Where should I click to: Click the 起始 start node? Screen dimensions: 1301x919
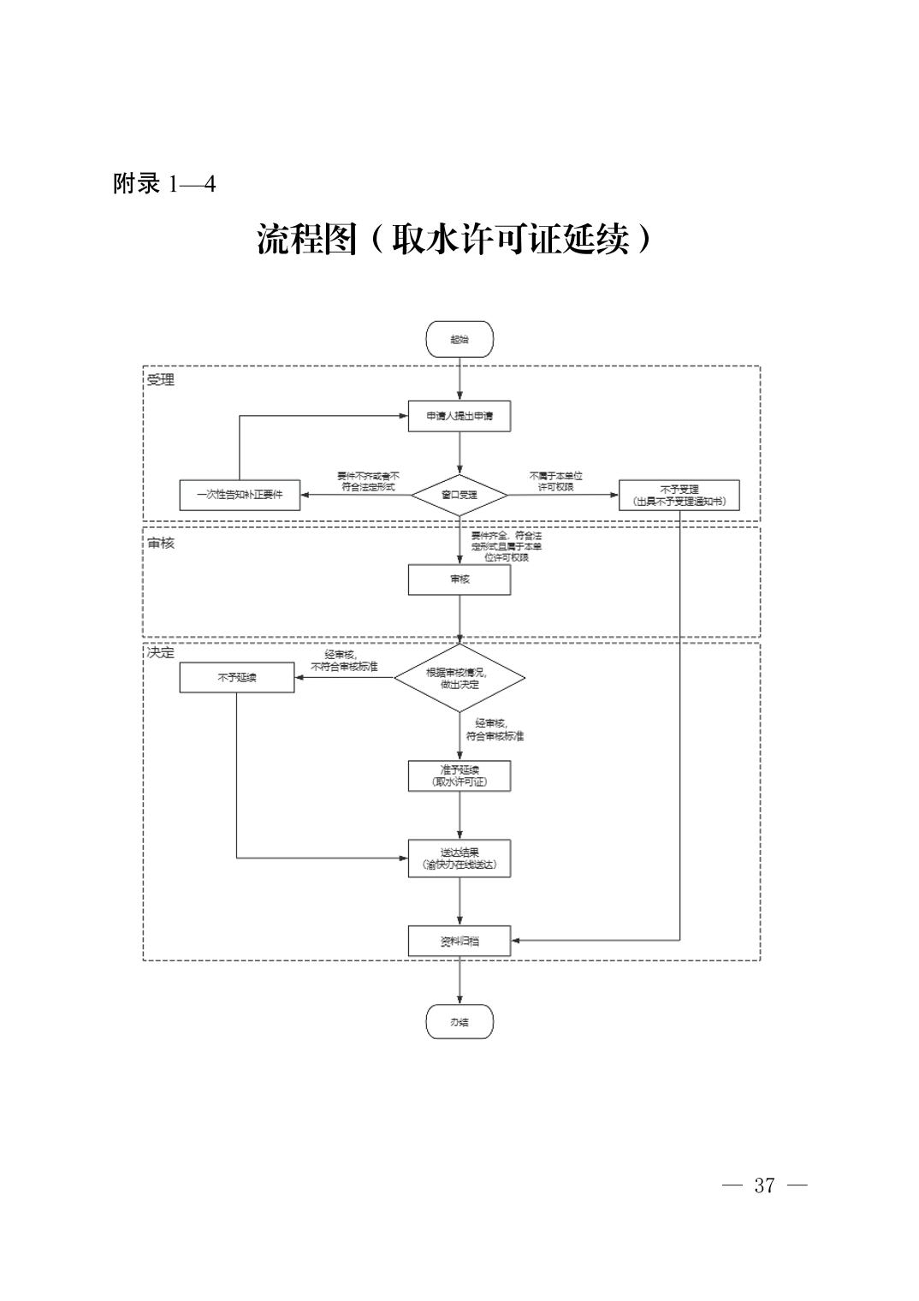point(459,339)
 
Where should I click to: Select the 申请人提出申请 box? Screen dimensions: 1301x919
point(459,416)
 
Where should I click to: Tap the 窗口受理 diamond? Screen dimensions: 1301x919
point(459,495)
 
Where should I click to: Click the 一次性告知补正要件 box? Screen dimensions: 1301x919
point(240,495)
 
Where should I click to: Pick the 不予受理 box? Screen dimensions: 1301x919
point(679,495)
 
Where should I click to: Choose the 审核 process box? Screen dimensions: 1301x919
point(459,579)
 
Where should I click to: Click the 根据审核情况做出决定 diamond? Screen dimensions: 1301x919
point(459,678)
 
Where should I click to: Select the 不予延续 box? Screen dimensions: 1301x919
point(237,678)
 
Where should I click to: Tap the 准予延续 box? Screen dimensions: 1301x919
point(459,775)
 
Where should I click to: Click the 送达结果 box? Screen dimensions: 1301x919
point(459,858)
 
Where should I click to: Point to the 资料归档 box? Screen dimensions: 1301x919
point(459,941)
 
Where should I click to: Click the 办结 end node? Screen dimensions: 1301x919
point(459,1021)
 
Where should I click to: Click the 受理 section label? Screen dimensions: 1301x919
point(160,380)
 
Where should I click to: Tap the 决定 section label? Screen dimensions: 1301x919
point(160,652)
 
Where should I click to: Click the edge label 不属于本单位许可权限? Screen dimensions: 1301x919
point(556,481)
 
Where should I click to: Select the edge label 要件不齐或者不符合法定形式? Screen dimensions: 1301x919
point(369,481)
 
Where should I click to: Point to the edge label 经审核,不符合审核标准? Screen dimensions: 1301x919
point(344,661)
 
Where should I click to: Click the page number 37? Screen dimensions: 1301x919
point(764,1185)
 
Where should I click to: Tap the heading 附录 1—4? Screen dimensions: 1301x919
point(164,183)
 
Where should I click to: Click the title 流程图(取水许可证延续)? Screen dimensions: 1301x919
point(455,241)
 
